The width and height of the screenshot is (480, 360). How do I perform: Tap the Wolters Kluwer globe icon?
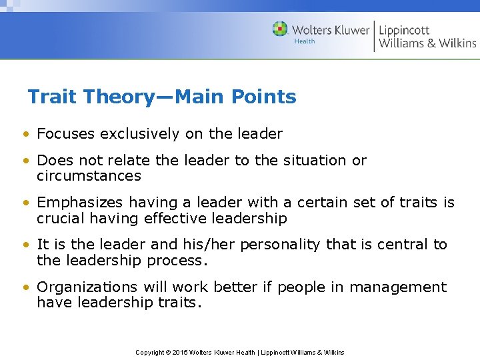coord(280,29)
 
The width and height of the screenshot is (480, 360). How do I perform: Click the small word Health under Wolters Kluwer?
coord(305,41)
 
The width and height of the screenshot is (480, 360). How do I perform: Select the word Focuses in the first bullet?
coord(66,134)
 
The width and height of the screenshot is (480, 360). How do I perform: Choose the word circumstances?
coord(89,177)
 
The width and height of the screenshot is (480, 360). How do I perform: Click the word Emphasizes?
coord(81,203)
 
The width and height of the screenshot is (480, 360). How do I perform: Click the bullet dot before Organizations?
coord(25,288)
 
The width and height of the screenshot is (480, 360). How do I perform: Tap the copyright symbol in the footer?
coord(168,352)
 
